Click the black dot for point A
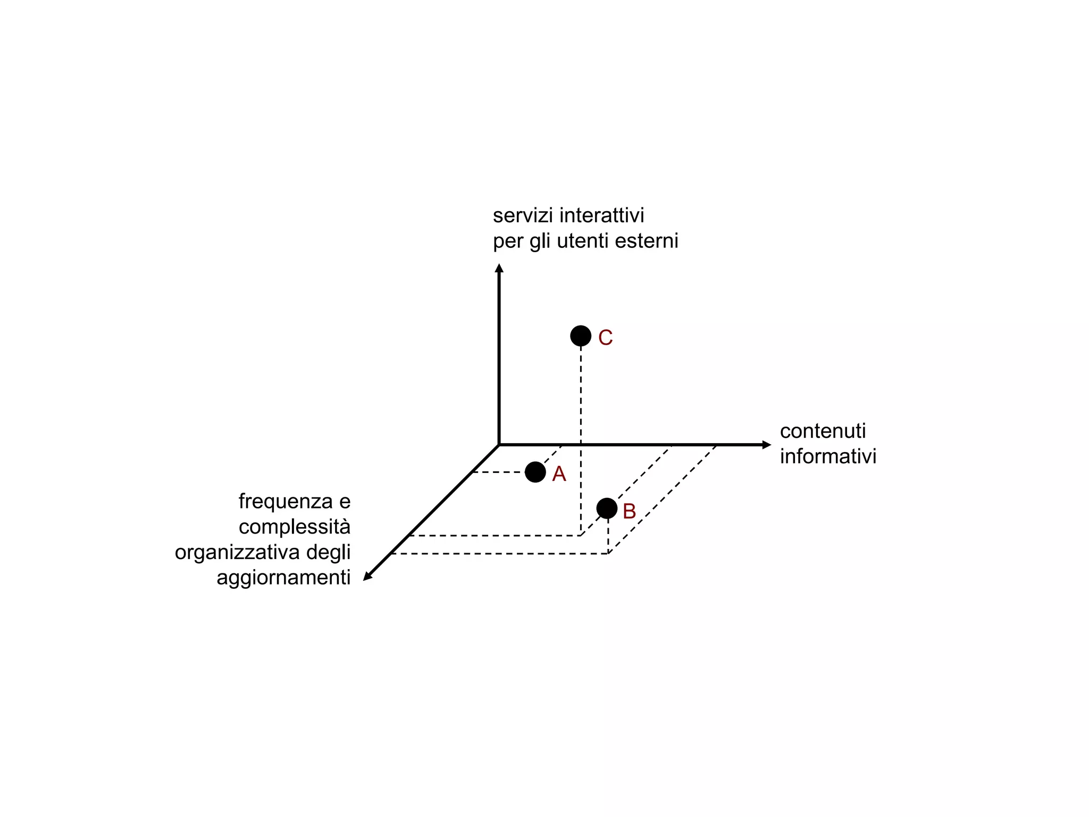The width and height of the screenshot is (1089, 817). [x=535, y=472]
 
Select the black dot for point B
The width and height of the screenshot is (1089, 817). [x=607, y=508]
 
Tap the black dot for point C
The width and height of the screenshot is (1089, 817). [x=581, y=336]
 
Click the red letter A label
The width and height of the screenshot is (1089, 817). [x=559, y=474]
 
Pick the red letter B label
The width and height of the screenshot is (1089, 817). [x=629, y=511]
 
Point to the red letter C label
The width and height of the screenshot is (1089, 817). [x=605, y=337]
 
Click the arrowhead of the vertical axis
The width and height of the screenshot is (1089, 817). [x=499, y=268]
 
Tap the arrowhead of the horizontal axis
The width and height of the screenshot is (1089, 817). [x=766, y=445]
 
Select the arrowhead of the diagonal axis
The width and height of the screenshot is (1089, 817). [x=367, y=576]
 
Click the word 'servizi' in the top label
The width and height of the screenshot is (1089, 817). [x=523, y=215]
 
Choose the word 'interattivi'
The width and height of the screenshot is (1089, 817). [x=602, y=215]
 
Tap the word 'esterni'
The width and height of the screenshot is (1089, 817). [x=647, y=241]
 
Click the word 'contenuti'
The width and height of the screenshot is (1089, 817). [x=823, y=431]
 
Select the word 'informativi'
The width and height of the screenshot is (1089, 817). [x=828, y=456]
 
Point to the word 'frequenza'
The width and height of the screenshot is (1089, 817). [x=286, y=502]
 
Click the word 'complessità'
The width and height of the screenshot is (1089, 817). [x=295, y=527]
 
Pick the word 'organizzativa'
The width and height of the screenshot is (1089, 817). [x=238, y=552]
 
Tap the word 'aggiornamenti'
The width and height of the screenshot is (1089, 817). [x=283, y=578]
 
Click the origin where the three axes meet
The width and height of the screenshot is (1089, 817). [x=499, y=445]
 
